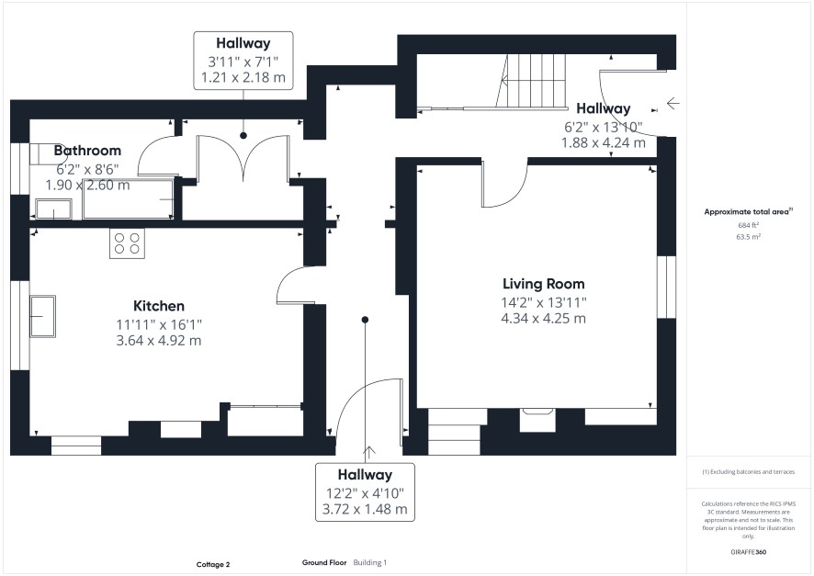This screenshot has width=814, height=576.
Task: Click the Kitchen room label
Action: pyautogui.click(x=159, y=306)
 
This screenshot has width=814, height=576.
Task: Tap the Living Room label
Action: pyautogui.click(x=544, y=284)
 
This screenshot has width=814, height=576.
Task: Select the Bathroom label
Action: pyautogui.click(x=87, y=151)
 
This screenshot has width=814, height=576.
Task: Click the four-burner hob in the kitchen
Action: pyautogui.click(x=127, y=243)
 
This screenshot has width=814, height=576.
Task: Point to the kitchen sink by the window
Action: pyautogui.click(x=42, y=317)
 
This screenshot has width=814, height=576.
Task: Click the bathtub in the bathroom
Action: pyautogui.click(x=129, y=199)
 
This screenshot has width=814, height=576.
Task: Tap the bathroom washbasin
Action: pyautogui.click(x=53, y=209)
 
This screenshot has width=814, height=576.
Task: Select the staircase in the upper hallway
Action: pyautogui.click(x=530, y=81)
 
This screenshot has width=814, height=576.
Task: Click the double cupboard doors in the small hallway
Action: pyautogui.click(x=243, y=158)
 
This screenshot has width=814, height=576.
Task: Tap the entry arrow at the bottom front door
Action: pyautogui.click(x=369, y=453)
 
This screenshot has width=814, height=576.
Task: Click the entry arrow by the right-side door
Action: pyautogui.click(x=673, y=103)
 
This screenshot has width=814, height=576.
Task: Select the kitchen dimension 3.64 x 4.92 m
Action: pyautogui.click(x=159, y=341)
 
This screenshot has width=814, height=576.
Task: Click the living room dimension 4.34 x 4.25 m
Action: pyautogui.click(x=544, y=319)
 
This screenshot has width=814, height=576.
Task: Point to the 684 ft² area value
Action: pyautogui.click(x=748, y=225)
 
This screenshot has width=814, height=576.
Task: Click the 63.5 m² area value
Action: pyautogui.click(x=748, y=237)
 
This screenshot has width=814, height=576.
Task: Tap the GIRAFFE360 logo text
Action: pyautogui.click(x=748, y=551)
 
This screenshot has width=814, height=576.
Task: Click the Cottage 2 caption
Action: pyautogui.click(x=213, y=565)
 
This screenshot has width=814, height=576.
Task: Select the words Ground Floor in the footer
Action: pyautogui.click(x=324, y=562)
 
